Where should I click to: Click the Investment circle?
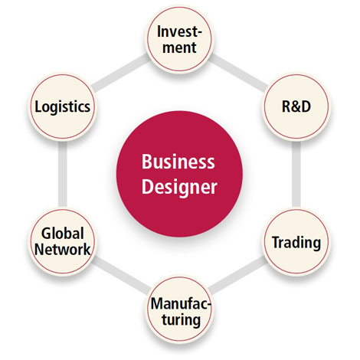pyautogui.click(x=179, y=39)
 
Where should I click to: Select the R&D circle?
pyautogui.click(x=296, y=106)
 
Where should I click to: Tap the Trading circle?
pyautogui.click(x=296, y=241)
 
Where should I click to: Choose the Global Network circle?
pyautogui.click(x=63, y=241)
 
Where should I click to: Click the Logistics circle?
pyautogui.click(x=63, y=106)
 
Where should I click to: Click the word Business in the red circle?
pyautogui.click(x=178, y=162)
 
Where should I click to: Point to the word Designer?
pyautogui.click(x=179, y=187)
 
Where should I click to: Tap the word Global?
pyautogui.click(x=63, y=234)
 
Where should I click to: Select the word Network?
pyautogui.click(x=63, y=249)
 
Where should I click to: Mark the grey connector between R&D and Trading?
pyautogui.click(x=296, y=174)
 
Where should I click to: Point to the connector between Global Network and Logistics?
pyautogui.click(x=63, y=174)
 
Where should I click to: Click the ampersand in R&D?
pyautogui.click(x=296, y=106)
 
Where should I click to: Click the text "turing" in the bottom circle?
pyautogui.click(x=181, y=319)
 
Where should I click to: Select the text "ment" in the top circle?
pyautogui.click(x=179, y=47)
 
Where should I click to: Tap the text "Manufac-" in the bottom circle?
pyautogui.click(x=181, y=303)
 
